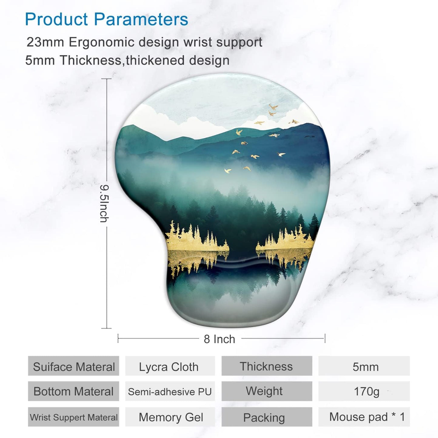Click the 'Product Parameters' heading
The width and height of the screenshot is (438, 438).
tap(106, 19)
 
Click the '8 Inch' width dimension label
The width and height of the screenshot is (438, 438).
tap(219, 339)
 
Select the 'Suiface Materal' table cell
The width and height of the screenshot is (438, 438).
tap(74, 366)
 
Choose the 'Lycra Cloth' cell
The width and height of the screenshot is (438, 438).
tap(169, 367)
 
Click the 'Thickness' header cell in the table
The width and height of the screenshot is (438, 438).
tap(266, 366)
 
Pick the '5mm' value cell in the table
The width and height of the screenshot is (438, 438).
tap(365, 367)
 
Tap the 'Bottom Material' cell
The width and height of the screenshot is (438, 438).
tap(74, 391)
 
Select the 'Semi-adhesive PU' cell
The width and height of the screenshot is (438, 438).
tap(170, 392)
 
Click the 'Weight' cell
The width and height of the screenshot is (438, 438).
tap(264, 391)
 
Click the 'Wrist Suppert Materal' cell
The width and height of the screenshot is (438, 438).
tap(74, 417)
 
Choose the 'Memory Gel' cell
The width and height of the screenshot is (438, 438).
tap(171, 417)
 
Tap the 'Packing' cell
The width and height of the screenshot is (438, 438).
tap(264, 418)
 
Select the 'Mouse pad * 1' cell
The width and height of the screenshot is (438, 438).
tap(367, 417)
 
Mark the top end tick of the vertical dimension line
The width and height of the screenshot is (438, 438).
tap(106, 79)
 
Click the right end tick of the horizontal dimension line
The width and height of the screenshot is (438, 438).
tap(325, 338)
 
